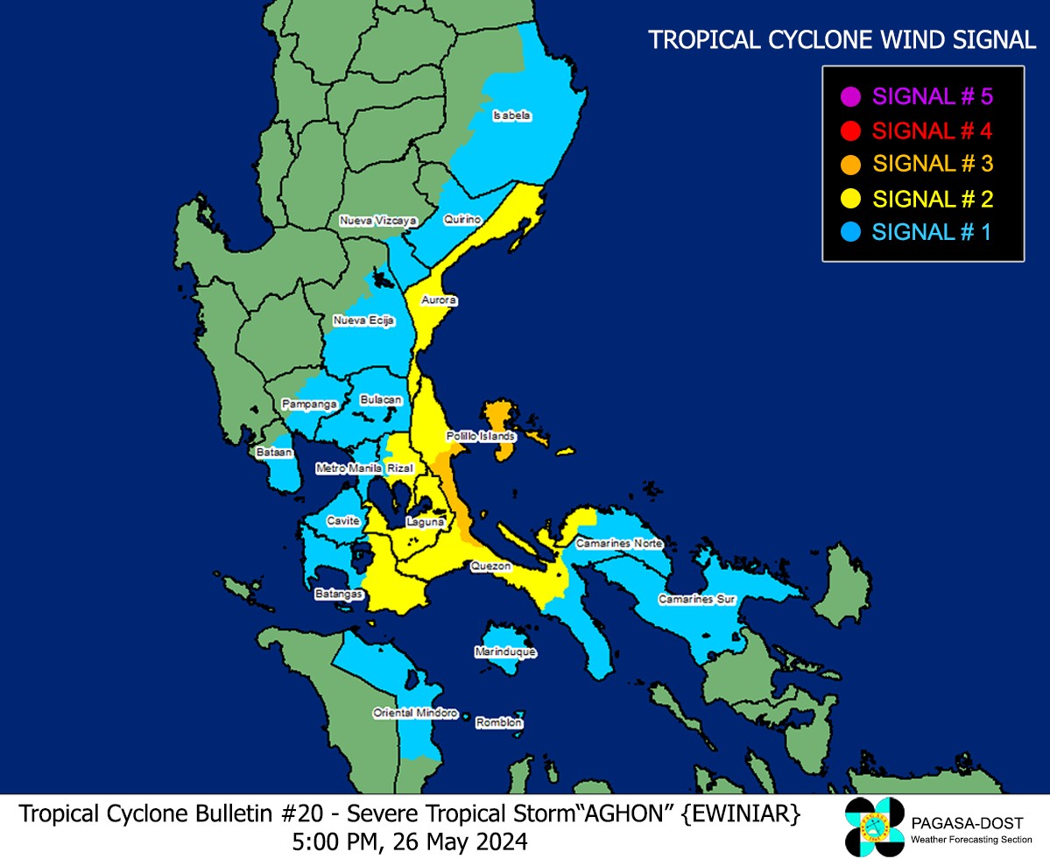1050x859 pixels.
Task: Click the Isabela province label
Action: click(x=511, y=116)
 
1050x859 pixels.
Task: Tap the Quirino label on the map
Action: click(x=462, y=219)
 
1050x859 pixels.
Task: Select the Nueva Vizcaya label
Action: click(x=378, y=222)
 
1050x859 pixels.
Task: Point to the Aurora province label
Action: click(x=440, y=300)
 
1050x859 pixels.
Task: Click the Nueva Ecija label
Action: click(x=363, y=321)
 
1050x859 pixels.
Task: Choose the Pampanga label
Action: click(x=310, y=405)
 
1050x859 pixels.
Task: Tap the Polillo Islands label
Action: click(x=481, y=435)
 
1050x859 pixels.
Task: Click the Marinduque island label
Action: click(x=504, y=652)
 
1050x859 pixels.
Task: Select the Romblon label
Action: click(x=499, y=722)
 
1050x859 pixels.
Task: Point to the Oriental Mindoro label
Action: click(x=415, y=713)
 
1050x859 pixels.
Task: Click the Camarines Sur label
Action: click(x=696, y=600)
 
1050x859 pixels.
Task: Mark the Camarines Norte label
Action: click(x=619, y=544)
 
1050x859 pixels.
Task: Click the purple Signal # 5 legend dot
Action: click(x=847, y=95)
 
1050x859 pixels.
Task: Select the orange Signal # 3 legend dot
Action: click(x=847, y=164)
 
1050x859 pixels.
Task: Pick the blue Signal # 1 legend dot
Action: click(x=847, y=232)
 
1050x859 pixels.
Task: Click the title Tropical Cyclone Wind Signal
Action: click(x=841, y=39)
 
